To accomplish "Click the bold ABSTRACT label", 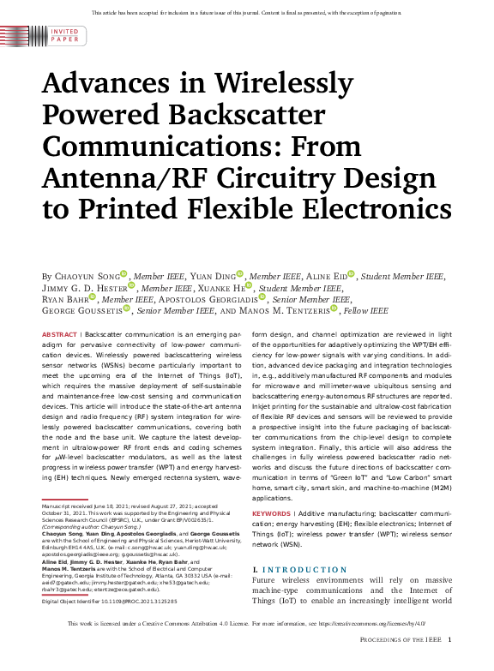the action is tap(59, 334).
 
